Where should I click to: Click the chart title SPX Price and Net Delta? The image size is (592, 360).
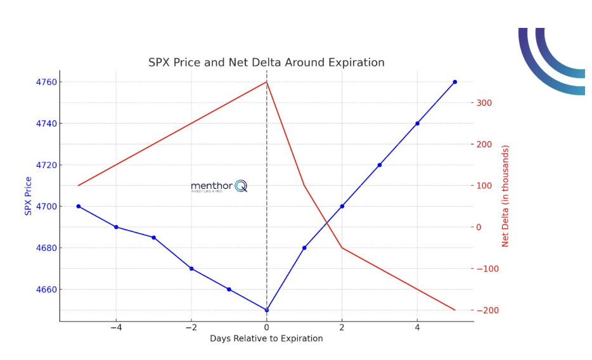pyautogui.click(x=266, y=63)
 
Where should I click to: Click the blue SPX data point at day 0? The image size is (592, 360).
pyautogui.click(x=266, y=310)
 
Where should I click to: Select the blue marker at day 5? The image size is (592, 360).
pyautogui.click(x=454, y=82)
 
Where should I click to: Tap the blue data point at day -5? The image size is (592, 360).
pyautogui.click(x=79, y=206)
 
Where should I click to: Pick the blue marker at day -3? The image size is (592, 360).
pyautogui.click(x=153, y=238)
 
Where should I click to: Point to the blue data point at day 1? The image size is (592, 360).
pyautogui.click(x=304, y=248)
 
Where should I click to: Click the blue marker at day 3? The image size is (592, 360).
pyautogui.click(x=380, y=165)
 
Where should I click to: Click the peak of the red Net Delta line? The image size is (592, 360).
pyautogui.click(x=266, y=82)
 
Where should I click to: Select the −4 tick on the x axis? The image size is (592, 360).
pyautogui.click(x=115, y=328)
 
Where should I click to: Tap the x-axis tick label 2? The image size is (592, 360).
pyautogui.click(x=342, y=328)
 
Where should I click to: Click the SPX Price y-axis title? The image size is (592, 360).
pyautogui.click(x=29, y=196)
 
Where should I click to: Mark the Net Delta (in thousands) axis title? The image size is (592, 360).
pyautogui.click(x=505, y=196)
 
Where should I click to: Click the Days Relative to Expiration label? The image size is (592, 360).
pyautogui.click(x=266, y=339)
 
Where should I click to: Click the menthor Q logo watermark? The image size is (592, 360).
pyautogui.click(x=219, y=186)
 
